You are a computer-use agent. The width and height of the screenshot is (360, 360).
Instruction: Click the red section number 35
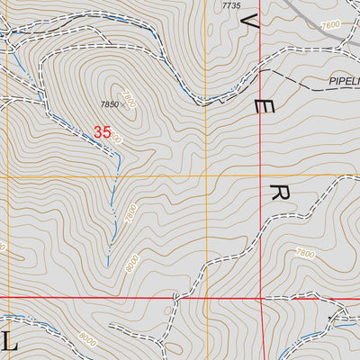pos(102,132)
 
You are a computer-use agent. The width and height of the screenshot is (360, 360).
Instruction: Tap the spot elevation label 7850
pos(110,104)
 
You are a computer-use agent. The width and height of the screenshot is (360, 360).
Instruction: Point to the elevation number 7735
pos(231,5)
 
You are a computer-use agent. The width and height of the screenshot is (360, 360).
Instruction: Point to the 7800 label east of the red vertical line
pos(305,255)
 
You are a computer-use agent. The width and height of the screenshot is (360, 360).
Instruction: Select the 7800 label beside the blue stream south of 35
pos(130,214)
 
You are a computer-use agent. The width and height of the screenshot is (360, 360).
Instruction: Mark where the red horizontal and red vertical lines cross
pos(261,295)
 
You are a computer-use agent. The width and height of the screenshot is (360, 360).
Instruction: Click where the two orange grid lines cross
pos(206,176)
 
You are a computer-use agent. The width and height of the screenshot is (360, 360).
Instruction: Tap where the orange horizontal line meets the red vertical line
pos(261,176)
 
